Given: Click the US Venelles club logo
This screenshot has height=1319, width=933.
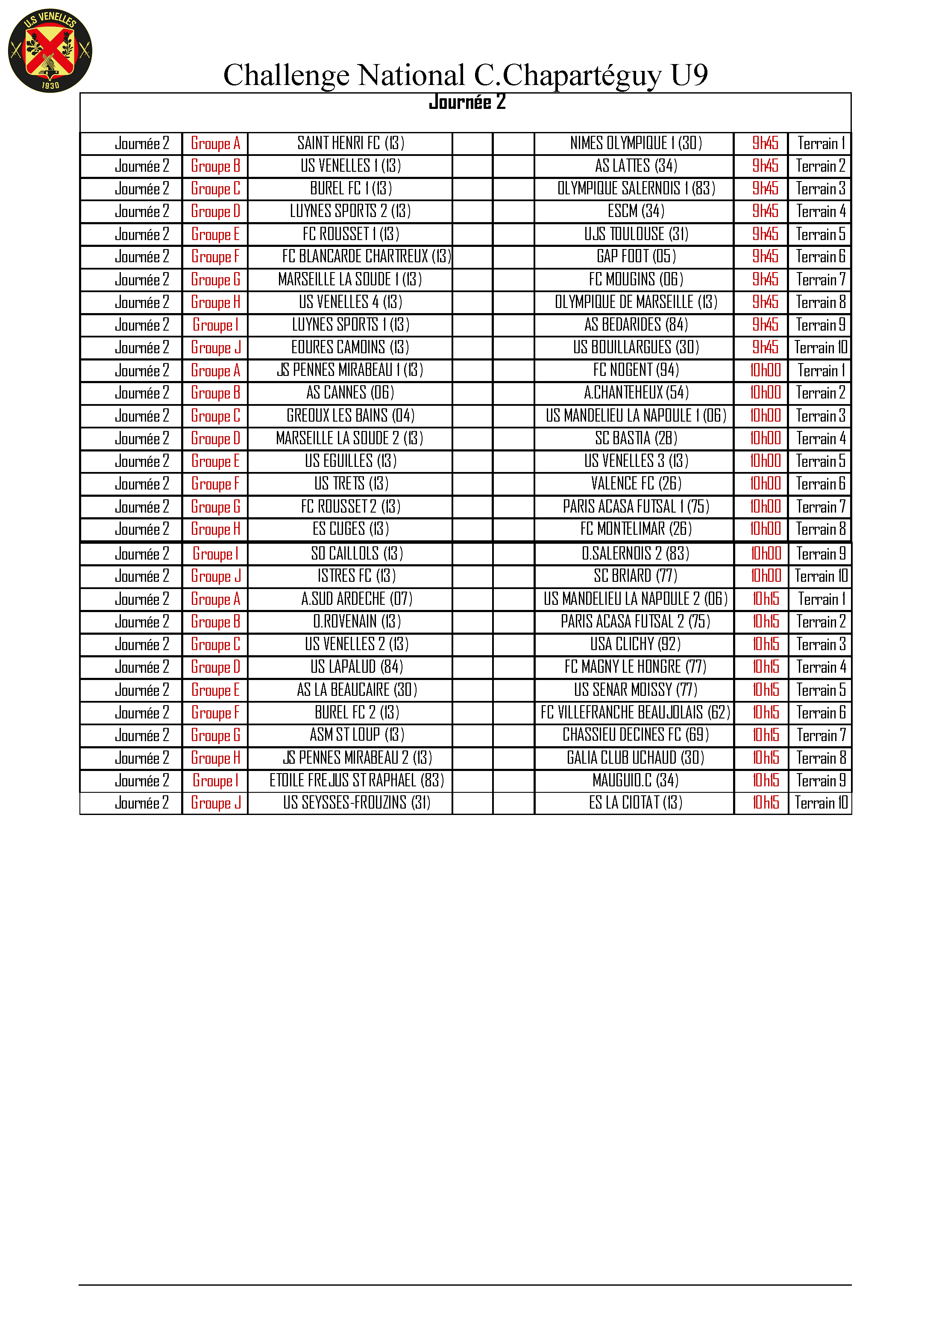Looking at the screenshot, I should [50, 50].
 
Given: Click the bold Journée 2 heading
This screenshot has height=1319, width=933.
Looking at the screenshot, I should [466, 102].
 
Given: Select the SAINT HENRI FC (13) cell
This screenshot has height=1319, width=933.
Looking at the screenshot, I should [350, 143].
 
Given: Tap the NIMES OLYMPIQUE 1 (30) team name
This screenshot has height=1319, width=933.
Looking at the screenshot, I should [635, 143].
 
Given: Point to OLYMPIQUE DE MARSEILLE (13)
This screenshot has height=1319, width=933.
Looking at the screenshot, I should [635, 302].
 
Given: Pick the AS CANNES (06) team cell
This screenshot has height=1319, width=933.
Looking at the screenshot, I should [350, 393].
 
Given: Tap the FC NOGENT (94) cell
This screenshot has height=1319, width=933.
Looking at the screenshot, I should [635, 370].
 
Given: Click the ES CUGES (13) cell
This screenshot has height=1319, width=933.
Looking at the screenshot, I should [350, 529].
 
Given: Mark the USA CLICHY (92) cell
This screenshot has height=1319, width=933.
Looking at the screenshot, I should [635, 644].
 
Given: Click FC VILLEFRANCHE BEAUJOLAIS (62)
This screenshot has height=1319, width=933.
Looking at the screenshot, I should [635, 712].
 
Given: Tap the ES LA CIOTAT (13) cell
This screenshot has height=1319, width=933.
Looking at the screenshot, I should [635, 803].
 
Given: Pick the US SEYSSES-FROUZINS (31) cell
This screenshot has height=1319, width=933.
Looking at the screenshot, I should [356, 803].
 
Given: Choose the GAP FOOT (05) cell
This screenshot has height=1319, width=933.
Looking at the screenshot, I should [635, 256].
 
